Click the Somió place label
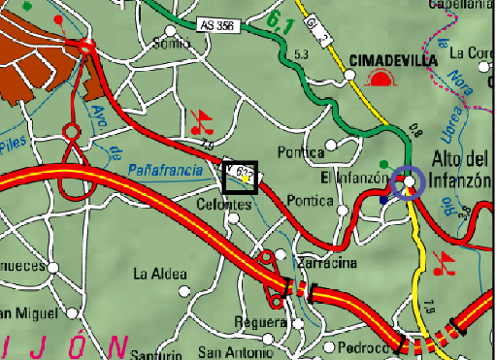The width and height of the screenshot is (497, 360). click(173, 43)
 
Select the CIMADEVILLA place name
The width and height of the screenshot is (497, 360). click(392, 57)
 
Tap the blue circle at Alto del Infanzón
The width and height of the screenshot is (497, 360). click(410, 181)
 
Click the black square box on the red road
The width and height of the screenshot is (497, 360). click(239, 177)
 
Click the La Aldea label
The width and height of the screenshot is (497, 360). click(160, 274)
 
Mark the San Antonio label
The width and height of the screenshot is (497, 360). click(231, 351)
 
